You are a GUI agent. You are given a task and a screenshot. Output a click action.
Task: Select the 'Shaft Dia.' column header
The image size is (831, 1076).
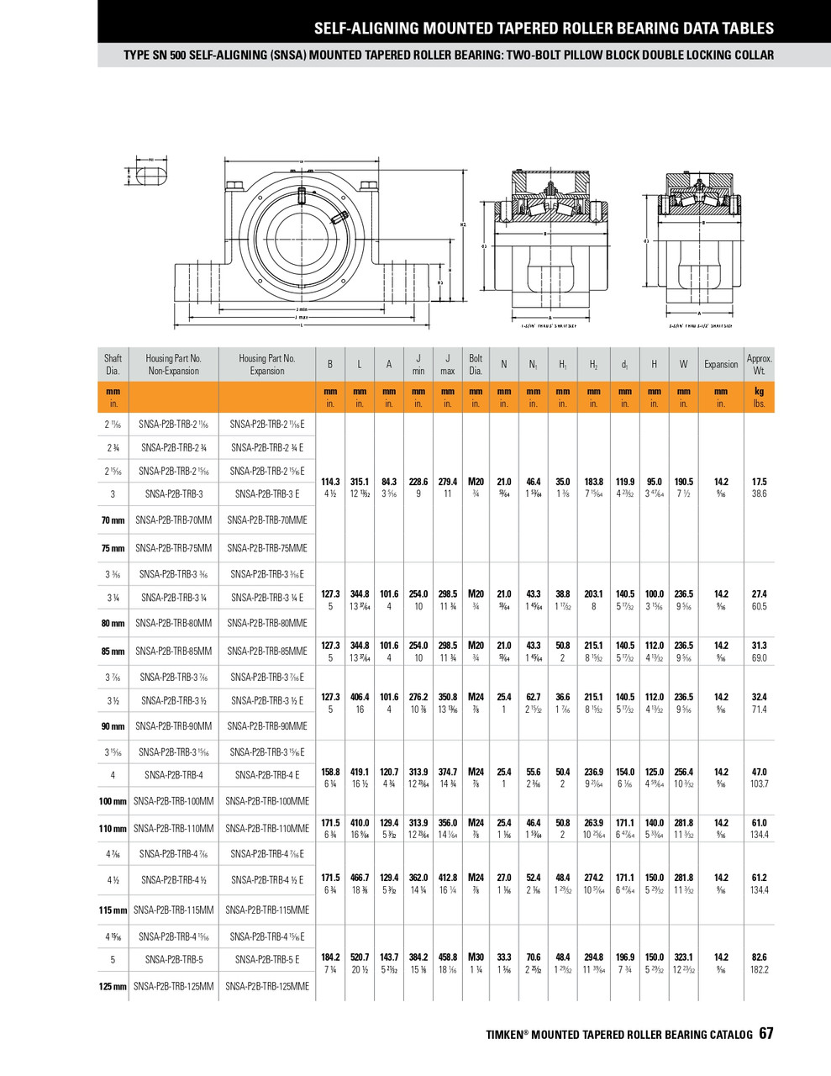click(x=113, y=364)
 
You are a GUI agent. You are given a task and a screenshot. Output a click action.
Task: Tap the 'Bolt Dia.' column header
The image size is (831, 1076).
click(x=476, y=364)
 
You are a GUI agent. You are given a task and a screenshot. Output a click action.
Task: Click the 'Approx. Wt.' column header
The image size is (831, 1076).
click(x=759, y=364)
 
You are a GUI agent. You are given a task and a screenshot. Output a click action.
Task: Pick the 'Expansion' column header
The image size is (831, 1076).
click(x=721, y=364)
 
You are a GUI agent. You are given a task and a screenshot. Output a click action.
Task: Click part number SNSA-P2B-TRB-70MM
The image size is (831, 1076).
click(x=174, y=520)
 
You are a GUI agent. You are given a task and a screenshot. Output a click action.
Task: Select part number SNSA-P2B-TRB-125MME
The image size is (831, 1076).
click(x=267, y=986)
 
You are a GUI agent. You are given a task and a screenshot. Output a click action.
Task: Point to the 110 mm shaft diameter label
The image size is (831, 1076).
click(x=113, y=829)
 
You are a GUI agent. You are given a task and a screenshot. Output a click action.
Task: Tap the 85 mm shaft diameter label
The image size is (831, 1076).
click(x=113, y=651)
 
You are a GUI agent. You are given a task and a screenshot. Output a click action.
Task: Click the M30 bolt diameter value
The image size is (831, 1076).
click(x=476, y=957)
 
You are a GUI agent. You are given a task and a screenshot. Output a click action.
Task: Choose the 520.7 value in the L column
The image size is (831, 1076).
click(x=360, y=957)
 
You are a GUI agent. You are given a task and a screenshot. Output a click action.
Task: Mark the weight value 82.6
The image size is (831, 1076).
click(x=759, y=957)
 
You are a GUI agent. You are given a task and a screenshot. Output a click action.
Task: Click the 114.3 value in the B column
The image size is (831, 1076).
click(x=330, y=482)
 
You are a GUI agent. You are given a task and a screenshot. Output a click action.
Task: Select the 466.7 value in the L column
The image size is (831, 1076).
click(x=360, y=878)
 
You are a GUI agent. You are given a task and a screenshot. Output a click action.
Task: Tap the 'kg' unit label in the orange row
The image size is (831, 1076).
click(x=759, y=391)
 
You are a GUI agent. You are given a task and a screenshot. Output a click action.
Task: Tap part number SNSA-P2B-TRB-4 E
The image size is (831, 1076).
click(x=267, y=775)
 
